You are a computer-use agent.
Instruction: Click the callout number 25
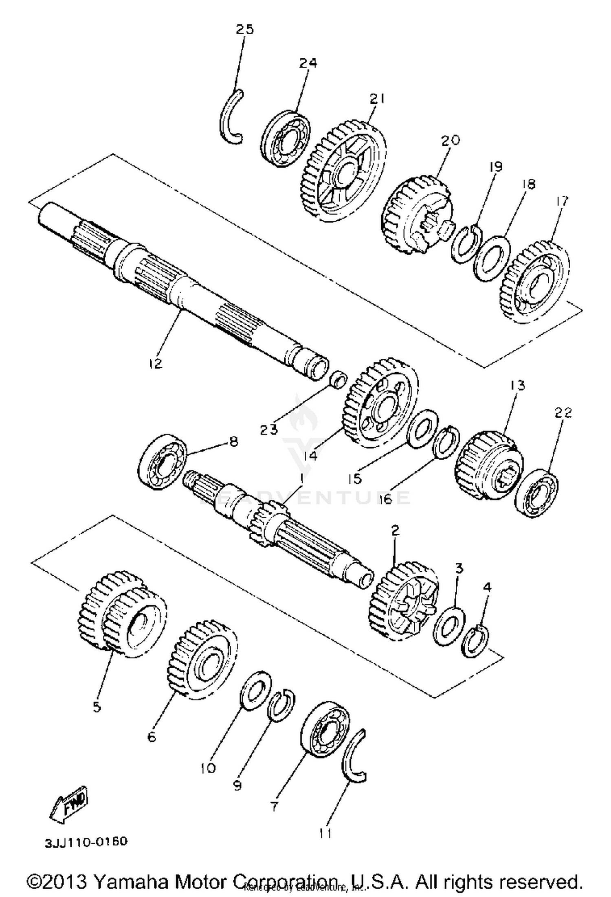click(x=244, y=29)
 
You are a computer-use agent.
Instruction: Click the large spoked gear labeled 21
click(x=344, y=171)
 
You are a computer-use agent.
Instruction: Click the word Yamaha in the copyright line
click(x=131, y=881)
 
